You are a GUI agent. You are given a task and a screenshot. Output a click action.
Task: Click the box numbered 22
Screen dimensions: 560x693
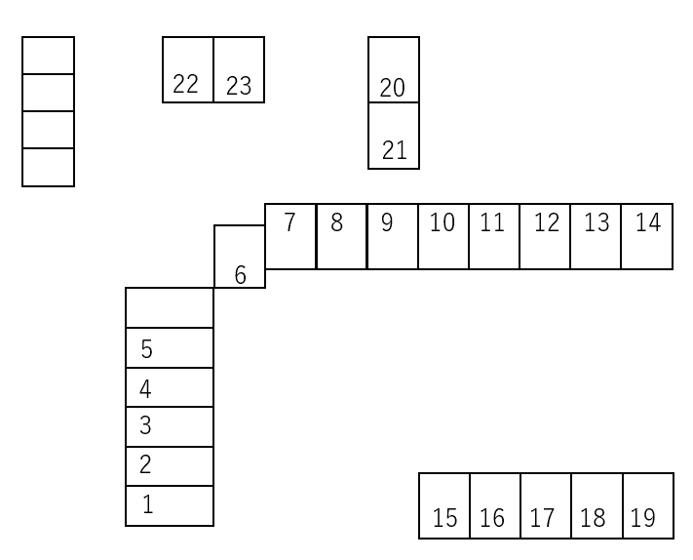[x=187, y=69]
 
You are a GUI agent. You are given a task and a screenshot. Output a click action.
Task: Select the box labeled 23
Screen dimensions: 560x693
[x=239, y=69]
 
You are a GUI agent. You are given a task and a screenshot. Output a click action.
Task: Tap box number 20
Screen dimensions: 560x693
[x=394, y=69]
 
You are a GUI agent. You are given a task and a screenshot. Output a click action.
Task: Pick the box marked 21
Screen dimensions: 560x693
[x=394, y=136]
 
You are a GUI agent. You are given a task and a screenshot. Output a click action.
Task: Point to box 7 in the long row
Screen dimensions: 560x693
[x=290, y=236]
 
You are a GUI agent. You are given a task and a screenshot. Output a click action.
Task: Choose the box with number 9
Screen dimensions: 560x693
[x=393, y=236]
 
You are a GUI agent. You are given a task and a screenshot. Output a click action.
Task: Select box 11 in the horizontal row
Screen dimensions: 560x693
[x=494, y=236]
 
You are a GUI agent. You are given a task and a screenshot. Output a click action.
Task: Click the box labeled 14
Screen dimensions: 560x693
[x=647, y=236]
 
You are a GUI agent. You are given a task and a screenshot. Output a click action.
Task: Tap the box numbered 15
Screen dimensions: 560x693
[x=444, y=505]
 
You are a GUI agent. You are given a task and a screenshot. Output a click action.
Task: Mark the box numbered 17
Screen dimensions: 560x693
[x=546, y=505]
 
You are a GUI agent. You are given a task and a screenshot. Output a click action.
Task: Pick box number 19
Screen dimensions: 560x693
[x=648, y=505]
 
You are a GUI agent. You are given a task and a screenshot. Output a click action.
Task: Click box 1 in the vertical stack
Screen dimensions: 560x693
[x=170, y=505]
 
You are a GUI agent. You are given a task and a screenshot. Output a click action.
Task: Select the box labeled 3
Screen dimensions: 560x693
[x=170, y=426]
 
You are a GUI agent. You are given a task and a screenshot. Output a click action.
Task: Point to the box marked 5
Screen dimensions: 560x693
[x=170, y=347]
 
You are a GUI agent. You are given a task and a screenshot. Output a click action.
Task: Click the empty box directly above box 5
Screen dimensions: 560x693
[x=170, y=307]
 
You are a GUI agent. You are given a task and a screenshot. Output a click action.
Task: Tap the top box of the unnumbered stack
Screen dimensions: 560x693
[x=48, y=55]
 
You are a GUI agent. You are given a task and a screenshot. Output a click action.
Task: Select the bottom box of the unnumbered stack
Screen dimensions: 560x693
[x=48, y=167]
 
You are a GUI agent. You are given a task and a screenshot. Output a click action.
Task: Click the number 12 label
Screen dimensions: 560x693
[x=547, y=222]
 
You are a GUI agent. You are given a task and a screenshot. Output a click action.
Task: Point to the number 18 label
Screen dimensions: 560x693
[x=593, y=518]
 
